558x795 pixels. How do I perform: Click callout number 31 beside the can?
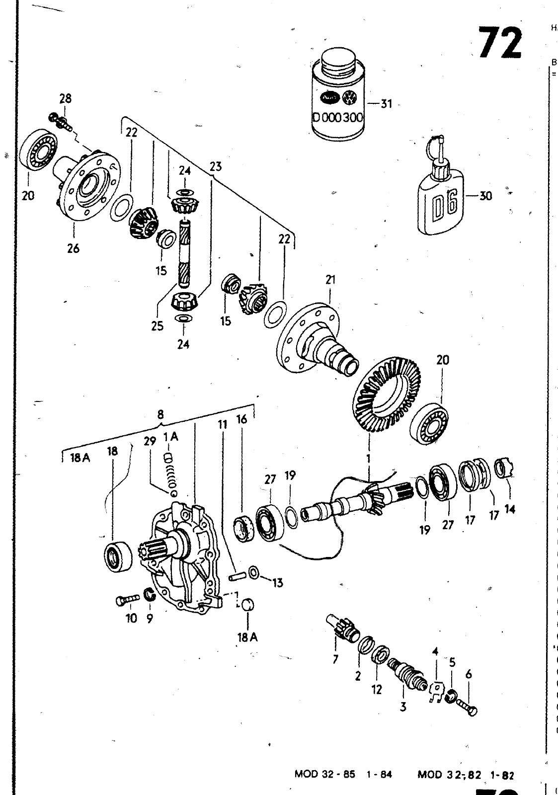click(386, 104)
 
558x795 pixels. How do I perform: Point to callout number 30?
click(485, 196)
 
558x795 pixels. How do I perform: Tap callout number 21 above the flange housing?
click(330, 280)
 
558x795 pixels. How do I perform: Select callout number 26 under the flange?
click(73, 248)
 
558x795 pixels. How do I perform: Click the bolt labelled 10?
click(126, 601)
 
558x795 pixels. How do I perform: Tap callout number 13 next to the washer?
click(277, 582)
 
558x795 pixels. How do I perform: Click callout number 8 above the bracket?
click(160, 414)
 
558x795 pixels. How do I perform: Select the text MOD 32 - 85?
click(324, 775)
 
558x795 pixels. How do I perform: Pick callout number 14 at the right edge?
click(509, 508)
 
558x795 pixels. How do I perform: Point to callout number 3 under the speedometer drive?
click(403, 706)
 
